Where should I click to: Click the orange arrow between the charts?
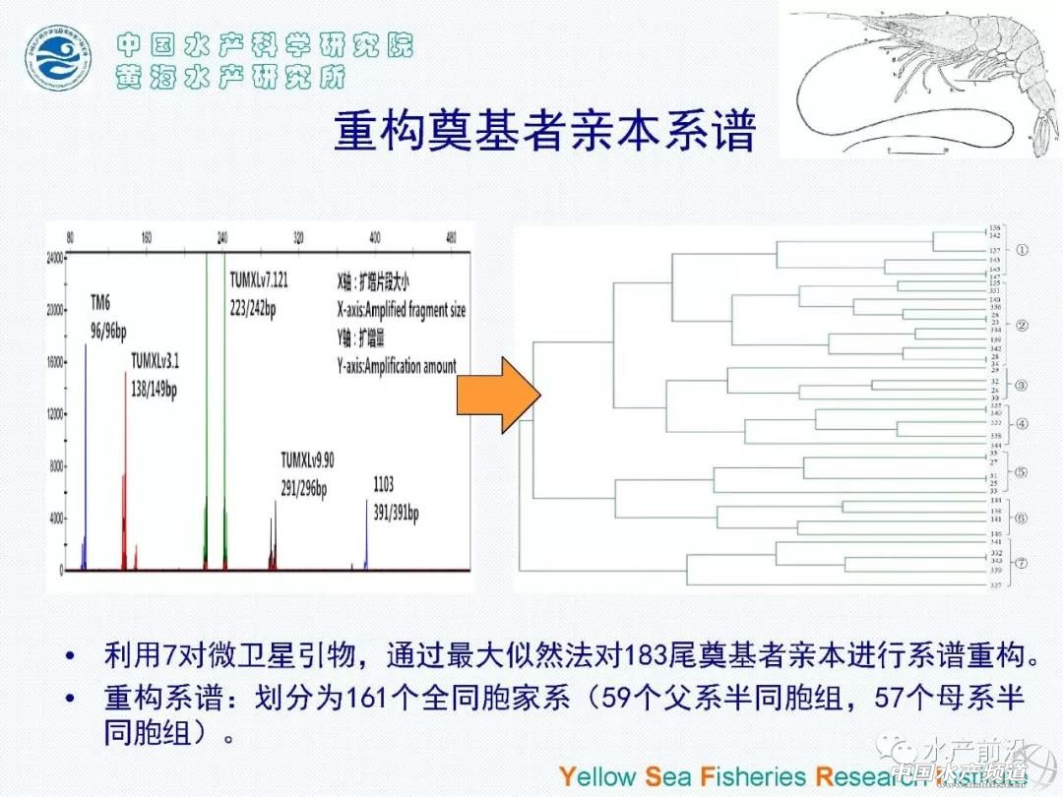500,394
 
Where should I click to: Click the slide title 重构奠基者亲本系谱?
544,130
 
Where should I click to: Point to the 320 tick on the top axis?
298,238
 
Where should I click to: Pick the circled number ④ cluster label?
1021,424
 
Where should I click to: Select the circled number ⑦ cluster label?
1022,564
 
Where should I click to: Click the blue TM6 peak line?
86,462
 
